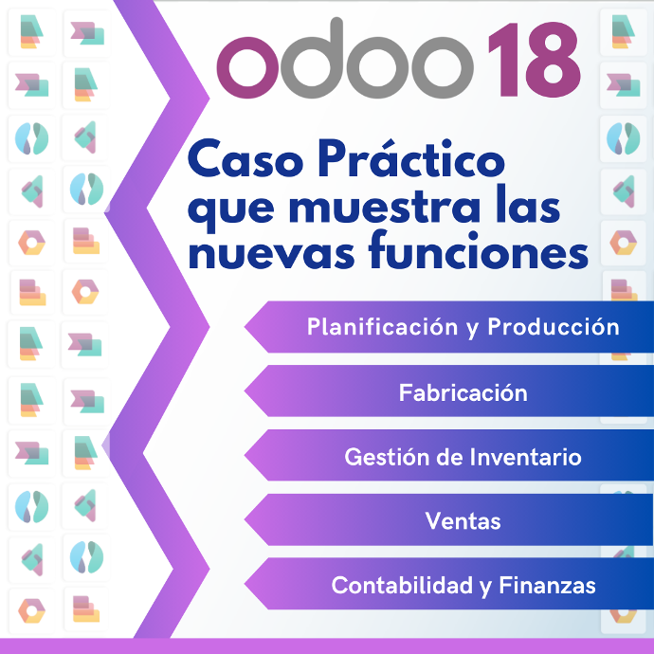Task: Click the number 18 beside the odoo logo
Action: coord(535,60)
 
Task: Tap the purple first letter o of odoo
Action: coord(248,67)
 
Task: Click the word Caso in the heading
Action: coord(245,159)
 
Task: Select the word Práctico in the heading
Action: coord(411,158)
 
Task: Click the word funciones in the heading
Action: coord(479,249)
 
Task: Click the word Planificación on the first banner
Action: coord(383,327)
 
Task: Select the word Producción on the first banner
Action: coord(554,326)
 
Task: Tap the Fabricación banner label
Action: coord(463,393)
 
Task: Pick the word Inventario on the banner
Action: coord(525,457)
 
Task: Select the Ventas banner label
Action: coord(463,521)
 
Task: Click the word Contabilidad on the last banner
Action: coord(402,585)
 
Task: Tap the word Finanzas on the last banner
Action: coord(547,585)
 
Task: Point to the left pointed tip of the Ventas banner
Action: coord(245,519)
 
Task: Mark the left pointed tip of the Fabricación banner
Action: coord(245,391)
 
